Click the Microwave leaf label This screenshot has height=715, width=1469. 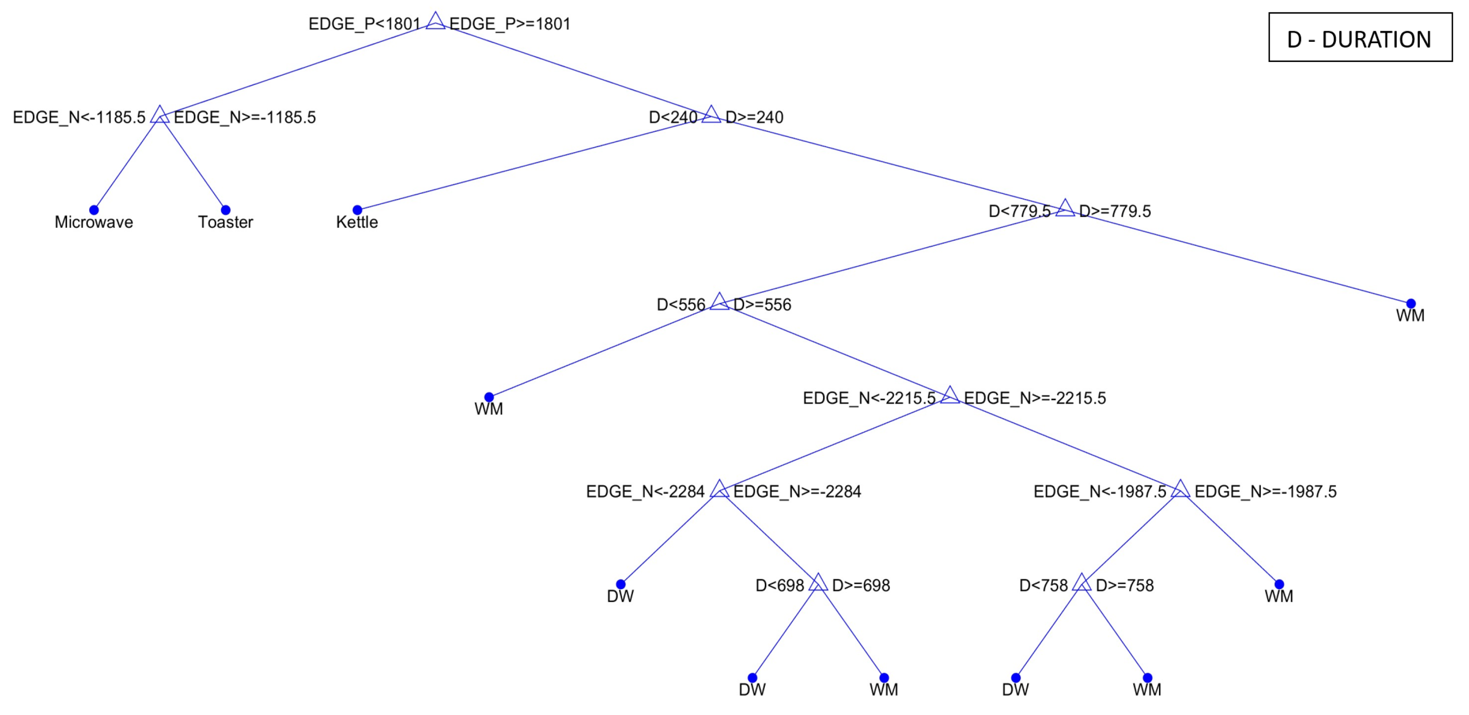94,222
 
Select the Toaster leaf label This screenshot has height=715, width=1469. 225,222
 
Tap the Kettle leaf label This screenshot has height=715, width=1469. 357,222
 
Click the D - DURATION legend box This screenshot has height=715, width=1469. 1360,38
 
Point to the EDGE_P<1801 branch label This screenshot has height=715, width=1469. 364,24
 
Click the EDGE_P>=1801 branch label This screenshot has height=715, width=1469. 510,24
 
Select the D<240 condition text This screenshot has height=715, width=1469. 673,118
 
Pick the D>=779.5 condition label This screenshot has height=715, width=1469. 1115,211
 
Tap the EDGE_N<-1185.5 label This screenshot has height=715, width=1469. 79,118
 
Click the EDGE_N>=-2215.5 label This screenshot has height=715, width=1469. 1034,398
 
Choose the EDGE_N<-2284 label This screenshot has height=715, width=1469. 645,492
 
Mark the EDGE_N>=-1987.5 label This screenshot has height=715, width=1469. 1266,492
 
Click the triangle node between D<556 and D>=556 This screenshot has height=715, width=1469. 719,302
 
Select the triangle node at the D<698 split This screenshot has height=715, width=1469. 818,583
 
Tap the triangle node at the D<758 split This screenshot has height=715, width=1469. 1081,583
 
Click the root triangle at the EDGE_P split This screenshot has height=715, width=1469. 435,21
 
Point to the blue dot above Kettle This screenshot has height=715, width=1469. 357,210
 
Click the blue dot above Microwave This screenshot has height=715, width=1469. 94,210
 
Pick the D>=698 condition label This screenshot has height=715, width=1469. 861,585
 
